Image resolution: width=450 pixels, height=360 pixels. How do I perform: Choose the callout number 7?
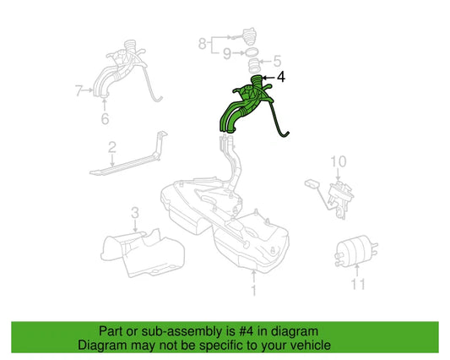(x=78, y=88)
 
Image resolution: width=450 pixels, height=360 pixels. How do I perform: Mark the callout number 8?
(x=202, y=41)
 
